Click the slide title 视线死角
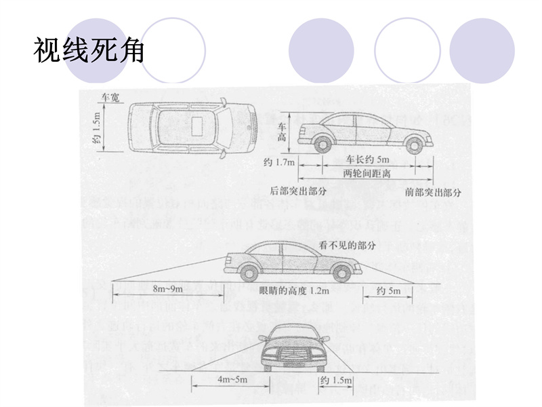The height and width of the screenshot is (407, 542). tap(89, 50)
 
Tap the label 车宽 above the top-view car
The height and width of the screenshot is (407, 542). tap(110, 98)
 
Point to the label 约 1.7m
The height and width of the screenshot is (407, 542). tap(279, 162)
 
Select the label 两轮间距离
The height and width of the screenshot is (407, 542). tap(367, 174)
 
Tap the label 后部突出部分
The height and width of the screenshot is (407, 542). tap(299, 191)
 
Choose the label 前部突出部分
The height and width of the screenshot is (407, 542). tap(434, 192)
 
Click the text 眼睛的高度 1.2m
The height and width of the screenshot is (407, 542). tap(294, 291)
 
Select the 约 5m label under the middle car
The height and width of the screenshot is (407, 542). tap(390, 291)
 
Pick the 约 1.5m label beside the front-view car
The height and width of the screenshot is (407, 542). tap(335, 381)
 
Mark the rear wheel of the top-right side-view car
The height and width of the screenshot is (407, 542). tap(324, 144)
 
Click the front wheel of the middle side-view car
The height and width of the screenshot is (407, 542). tap(341, 273)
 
